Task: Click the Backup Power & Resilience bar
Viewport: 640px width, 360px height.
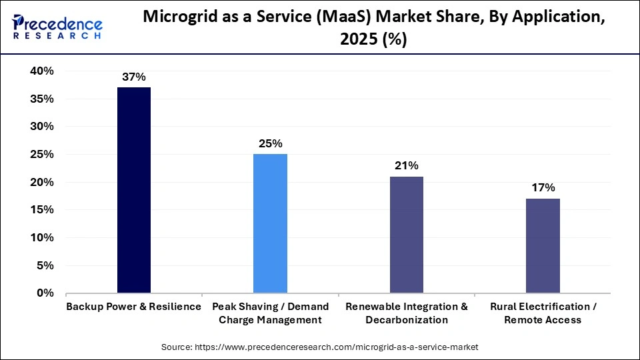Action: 134,190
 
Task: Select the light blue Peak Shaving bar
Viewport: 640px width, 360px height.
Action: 270,223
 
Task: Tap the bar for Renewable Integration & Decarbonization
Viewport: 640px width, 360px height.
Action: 406,235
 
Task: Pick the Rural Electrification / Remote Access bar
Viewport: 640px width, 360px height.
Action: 543,245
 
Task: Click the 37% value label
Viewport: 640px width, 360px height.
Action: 134,77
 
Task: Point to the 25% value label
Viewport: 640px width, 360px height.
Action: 270,143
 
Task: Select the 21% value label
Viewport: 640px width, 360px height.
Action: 406,165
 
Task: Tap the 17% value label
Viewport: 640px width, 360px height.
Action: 543,187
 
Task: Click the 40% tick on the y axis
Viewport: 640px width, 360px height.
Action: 41,71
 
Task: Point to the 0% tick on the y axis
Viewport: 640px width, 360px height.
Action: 45,293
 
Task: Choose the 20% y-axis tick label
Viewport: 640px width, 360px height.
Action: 41,182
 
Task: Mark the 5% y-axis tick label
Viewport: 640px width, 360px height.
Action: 45,265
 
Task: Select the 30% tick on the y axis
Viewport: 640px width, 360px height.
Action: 41,127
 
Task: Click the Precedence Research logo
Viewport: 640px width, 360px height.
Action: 57,27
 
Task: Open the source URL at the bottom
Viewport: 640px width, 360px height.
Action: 320,347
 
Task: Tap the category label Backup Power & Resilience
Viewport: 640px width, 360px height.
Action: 134,307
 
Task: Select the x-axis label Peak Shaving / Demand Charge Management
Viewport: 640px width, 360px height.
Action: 270,313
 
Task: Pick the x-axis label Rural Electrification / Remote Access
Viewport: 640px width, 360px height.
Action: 543,313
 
